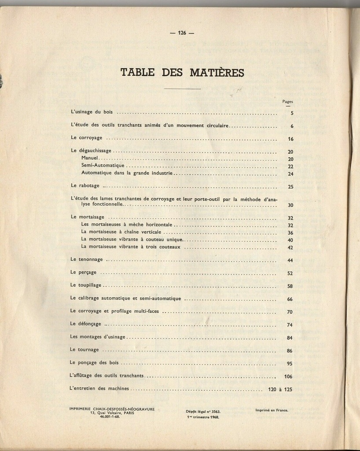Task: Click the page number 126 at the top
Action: click(x=182, y=33)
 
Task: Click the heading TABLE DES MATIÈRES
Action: click(x=182, y=72)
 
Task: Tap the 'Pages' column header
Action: click(x=287, y=102)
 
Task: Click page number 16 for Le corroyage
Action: click(x=290, y=139)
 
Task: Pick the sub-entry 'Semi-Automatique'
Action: click(x=103, y=166)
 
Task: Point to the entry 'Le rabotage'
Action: click(x=85, y=186)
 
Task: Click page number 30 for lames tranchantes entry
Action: click(x=290, y=205)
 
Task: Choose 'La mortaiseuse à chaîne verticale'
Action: click(x=121, y=232)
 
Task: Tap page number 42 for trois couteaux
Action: click(x=290, y=248)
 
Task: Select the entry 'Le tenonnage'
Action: click(x=86, y=259)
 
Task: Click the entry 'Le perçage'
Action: click(x=83, y=272)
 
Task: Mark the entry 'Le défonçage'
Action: click(x=85, y=324)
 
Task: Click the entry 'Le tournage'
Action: click(x=84, y=350)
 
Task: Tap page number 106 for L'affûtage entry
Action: click(x=288, y=377)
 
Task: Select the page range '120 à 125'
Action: click(x=280, y=389)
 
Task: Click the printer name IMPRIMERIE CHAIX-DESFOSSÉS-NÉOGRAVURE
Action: click(x=112, y=409)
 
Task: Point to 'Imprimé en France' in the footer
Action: click(x=272, y=410)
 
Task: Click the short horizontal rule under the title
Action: click(x=182, y=89)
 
